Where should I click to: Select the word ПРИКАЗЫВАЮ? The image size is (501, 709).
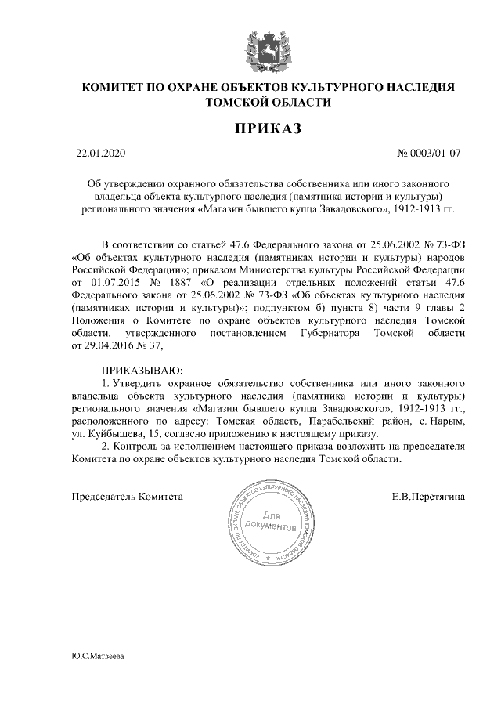[x=142, y=368]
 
